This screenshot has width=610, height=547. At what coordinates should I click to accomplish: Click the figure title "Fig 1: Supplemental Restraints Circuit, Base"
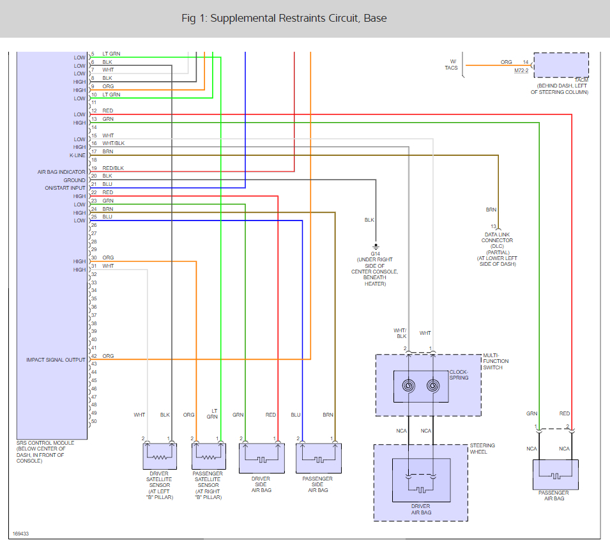(284, 19)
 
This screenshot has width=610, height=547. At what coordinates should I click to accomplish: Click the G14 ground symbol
(376, 247)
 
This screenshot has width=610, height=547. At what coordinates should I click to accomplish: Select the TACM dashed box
(561, 65)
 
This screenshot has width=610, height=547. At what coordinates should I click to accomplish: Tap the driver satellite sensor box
(160, 456)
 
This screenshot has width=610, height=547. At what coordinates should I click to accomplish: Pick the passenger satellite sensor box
(209, 456)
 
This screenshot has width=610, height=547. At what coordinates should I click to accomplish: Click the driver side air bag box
(262, 458)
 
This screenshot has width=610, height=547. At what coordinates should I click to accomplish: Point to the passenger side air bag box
(319, 458)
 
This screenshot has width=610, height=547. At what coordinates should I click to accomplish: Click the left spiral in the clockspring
(409, 386)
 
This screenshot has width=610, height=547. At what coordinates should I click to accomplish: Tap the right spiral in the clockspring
(433, 386)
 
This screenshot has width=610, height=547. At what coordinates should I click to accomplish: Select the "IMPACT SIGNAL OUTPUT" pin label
(56, 360)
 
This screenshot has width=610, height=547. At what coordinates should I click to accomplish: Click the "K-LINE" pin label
(77, 155)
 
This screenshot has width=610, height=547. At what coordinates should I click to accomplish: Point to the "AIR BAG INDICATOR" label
(61, 172)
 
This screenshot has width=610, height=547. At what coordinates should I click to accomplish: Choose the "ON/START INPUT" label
(65, 188)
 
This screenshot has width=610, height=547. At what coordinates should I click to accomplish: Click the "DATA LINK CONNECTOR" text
(497, 238)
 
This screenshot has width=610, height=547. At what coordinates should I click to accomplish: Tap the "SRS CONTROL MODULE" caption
(45, 443)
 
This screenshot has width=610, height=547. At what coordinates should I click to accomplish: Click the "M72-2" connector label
(521, 70)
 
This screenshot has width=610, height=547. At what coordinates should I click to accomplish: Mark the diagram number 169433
(20, 534)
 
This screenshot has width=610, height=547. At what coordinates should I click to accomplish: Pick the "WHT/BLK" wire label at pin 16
(114, 143)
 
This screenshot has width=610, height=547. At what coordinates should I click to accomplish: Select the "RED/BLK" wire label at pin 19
(113, 168)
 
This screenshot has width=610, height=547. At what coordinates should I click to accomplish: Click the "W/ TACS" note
(452, 65)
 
